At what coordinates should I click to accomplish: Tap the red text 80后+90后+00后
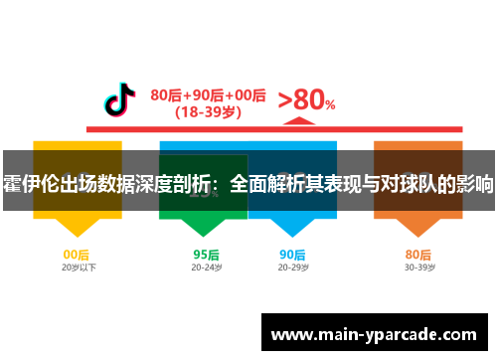[208, 95]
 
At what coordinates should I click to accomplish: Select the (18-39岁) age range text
[208, 112]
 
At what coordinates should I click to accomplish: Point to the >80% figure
[305, 100]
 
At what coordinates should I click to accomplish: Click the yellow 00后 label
[77, 254]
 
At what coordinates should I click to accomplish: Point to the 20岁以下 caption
[77, 268]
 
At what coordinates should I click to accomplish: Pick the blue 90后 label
[292, 254]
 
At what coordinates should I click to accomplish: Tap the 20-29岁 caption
[292, 268]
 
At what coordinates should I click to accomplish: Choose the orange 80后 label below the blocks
[418, 254]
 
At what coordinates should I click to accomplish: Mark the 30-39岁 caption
[418, 268]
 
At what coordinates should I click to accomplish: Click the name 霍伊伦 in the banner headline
[31, 184]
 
